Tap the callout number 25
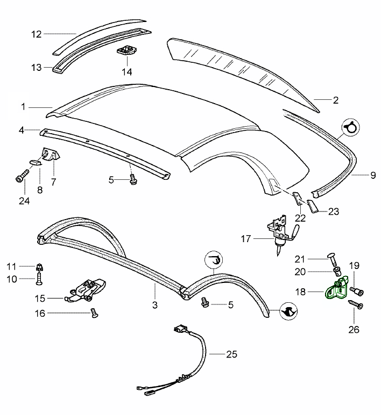231,354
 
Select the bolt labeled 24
22,176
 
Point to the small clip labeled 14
127,50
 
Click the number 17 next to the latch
246,239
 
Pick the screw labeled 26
356,304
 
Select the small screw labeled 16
94,312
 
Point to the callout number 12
37,34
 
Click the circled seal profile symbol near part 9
350,127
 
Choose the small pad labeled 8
35,162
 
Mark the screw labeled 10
39,279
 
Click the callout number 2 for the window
336,100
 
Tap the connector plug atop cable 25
180,330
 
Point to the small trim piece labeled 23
313,207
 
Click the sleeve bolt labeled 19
357,291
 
